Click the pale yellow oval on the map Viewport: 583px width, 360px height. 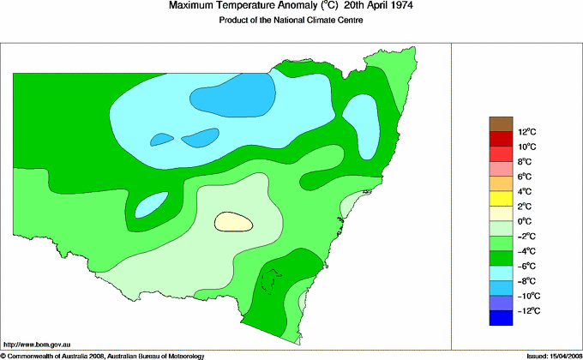pyautogui.click(x=234, y=221)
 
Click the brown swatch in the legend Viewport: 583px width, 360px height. pyautogui.click(x=501, y=123)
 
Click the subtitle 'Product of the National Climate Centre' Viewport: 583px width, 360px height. pyautogui.click(x=292, y=21)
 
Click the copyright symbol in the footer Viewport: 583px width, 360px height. pyautogui.click(x=4, y=355)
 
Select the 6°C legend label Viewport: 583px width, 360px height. pyautogui.click(x=502, y=177)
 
